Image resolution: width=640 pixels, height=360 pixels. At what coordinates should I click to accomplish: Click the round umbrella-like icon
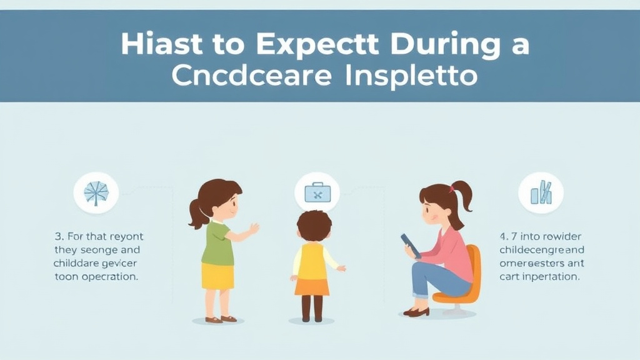[96, 193]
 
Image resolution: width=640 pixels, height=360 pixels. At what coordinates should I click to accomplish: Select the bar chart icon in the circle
[541, 193]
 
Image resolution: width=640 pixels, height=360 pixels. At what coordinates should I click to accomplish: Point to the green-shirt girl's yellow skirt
[217, 275]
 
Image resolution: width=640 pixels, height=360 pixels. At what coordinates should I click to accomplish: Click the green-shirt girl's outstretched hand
[254, 229]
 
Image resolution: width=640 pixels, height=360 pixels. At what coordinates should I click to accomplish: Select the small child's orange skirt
[312, 286]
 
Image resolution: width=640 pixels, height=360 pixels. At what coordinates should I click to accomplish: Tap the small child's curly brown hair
[314, 225]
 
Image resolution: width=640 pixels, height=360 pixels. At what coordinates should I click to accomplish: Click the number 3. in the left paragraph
[59, 237]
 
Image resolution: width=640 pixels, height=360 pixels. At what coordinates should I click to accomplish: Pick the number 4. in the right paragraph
[504, 237]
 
